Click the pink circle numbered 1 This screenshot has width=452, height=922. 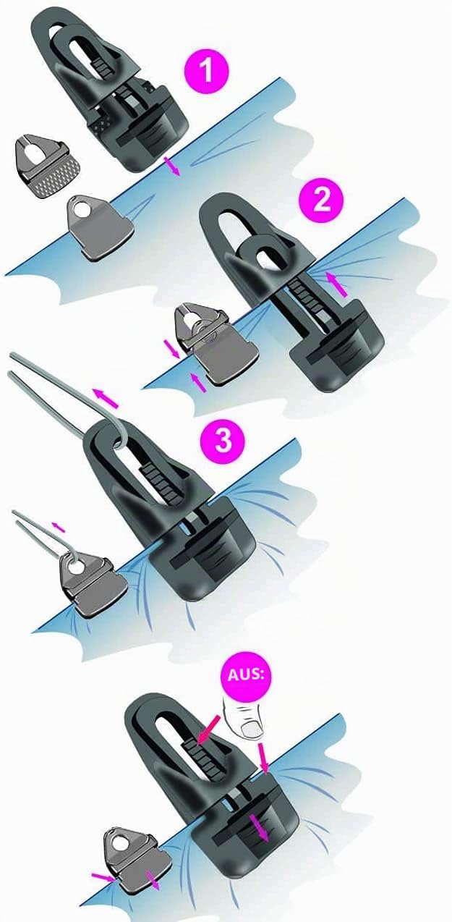tap(206, 70)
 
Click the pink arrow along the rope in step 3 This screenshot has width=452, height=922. tap(106, 398)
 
